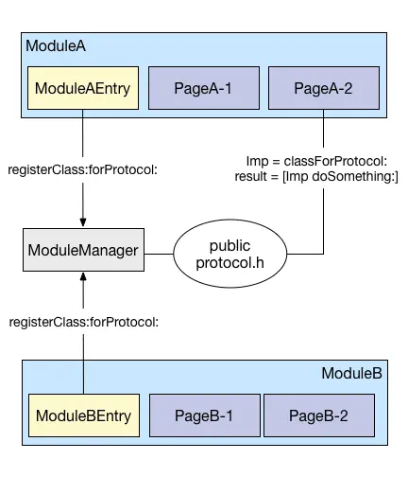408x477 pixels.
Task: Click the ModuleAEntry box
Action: [x=83, y=88]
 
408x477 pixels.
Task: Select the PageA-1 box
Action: [x=204, y=88]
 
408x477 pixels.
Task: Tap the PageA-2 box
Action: [x=324, y=88]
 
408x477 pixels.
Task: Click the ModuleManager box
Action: [x=83, y=250]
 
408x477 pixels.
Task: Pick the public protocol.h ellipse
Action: [x=230, y=254]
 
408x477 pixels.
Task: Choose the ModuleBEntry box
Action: [x=84, y=415]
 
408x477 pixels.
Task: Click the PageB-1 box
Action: [x=205, y=415]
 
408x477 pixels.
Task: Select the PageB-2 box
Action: [x=319, y=415]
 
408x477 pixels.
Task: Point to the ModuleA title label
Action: [x=56, y=46]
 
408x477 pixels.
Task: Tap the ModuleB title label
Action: [x=351, y=373]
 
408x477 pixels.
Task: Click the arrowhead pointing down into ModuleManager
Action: [x=83, y=222]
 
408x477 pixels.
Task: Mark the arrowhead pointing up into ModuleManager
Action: [x=83, y=277]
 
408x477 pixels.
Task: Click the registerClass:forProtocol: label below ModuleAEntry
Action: [x=82, y=169]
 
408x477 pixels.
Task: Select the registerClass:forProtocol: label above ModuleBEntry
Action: [x=84, y=322]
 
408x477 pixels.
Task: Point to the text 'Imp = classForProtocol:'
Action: [x=316, y=161]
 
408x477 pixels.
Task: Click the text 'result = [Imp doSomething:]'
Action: [x=316, y=176]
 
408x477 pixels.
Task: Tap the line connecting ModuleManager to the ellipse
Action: [x=159, y=254]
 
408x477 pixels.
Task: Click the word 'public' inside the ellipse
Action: [x=230, y=246]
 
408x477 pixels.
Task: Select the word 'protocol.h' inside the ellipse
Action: [x=230, y=262]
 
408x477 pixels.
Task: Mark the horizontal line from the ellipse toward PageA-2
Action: [x=305, y=254]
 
